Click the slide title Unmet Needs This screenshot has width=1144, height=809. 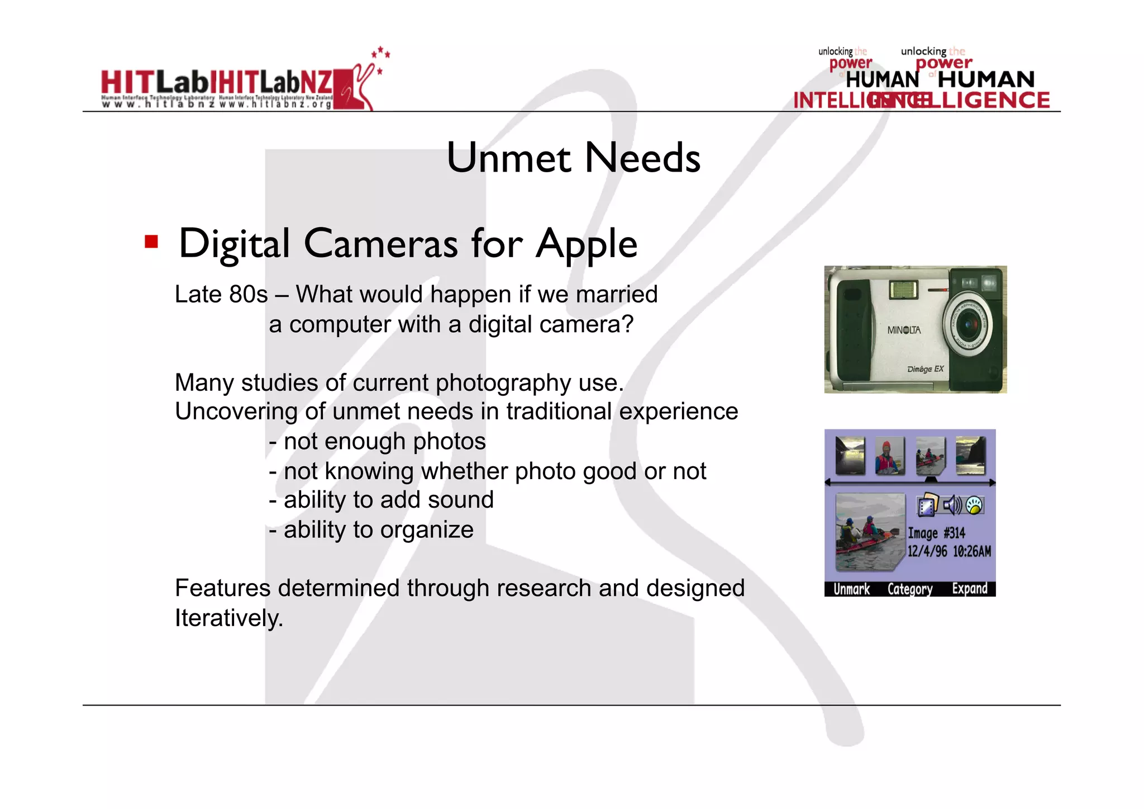(573, 158)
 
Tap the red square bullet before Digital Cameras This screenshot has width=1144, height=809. (151, 242)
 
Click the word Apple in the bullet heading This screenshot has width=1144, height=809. (586, 244)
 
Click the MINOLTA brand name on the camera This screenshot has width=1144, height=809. (904, 330)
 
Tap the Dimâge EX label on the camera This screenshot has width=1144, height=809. (926, 369)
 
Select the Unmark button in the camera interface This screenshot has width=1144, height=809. (851, 589)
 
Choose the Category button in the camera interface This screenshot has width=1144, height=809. (910, 589)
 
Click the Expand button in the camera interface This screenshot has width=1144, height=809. (970, 589)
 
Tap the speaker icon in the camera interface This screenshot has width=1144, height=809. (952, 505)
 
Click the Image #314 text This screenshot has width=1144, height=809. (936, 533)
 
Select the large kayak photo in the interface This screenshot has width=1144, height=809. (868, 531)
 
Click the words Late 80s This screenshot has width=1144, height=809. (221, 295)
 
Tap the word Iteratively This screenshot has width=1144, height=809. (229, 618)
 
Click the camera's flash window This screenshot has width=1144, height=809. (903, 290)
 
